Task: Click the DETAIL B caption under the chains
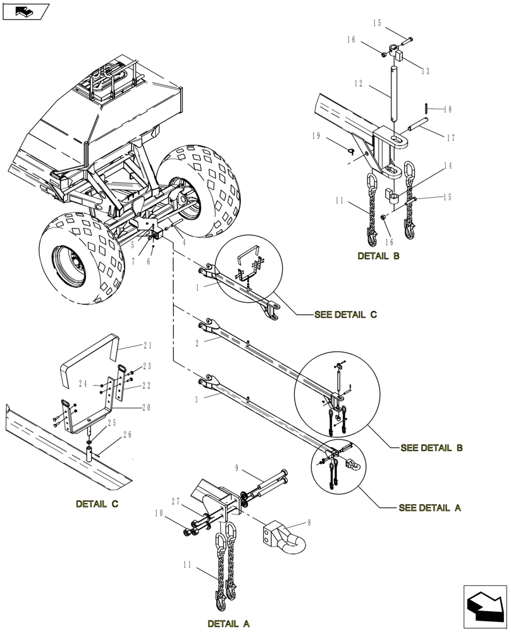pos(378,256)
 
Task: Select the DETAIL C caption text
pos(97,504)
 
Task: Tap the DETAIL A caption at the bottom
pos(228,624)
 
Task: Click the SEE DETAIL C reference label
pos(345,315)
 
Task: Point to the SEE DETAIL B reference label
pos(431,448)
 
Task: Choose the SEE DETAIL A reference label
pos(430,507)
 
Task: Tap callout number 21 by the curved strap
pos(147,346)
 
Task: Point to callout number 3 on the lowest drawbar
pos(197,399)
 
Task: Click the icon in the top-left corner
pos(25,11)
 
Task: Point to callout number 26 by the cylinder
pos(128,435)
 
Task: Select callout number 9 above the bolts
pos(237,469)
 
